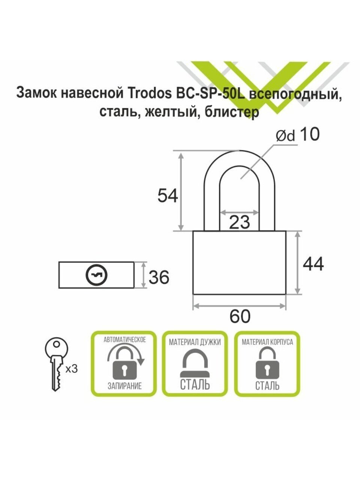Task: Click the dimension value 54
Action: pyautogui.click(x=168, y=196)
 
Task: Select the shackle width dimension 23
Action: pyautogui.click(x=239, y=222)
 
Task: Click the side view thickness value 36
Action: pyautogui.click(x=159, y=277)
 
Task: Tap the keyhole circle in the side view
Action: pyautogui.click(x=97, y=275)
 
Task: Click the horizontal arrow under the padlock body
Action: pyautogui.click(x=239, y=306)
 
